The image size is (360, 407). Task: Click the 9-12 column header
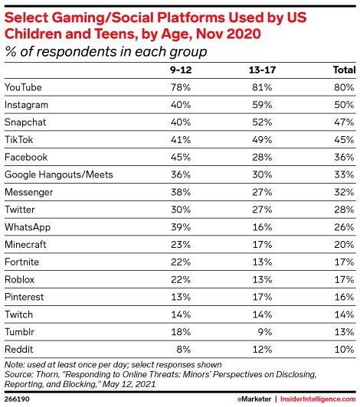pyautogui.click(x=181, y=70)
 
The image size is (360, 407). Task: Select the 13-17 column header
pyautogui.click(x=262, y=70)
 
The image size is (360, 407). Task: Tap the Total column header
pyautogui.click(x=345, y=70)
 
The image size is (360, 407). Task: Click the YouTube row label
pyautogui.click(x=23, y=87)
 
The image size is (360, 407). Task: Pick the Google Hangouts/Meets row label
pyautogui.click(x=59, y=174)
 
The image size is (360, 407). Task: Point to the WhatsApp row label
pyautogui.click(x=28, y=227)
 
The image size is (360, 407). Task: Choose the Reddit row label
pyautogui.click(x=19, y=350)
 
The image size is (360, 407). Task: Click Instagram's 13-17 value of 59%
pyautogui.click(x=262, y=105)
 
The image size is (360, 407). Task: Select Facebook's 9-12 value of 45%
pyautogui.click(x=181, y=158)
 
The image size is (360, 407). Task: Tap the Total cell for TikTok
pyautogui.click(x=344, y=140)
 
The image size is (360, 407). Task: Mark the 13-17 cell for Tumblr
pyautogui.click(x=265, y=332)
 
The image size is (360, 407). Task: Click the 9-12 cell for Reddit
pyautogui.click(x=184, y=350)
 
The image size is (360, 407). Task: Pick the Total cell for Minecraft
pyautogui.click(x=344, y=245)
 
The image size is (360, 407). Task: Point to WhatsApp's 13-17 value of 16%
pyautogui.click(x=262, y=227)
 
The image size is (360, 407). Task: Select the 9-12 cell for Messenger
pyautogui.click(x=181, y=192)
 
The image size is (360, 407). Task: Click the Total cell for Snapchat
pyautogui.click(x=344, y=122)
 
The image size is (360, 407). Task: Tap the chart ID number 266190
pyautogui.click(x=17, y=399)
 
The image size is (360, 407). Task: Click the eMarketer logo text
pyautogui.click(x=254, y=399)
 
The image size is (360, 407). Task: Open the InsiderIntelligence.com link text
pyautogui.click(x=318, y=399)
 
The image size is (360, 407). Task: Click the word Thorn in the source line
pyautogui.click(x=47, y=375)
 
